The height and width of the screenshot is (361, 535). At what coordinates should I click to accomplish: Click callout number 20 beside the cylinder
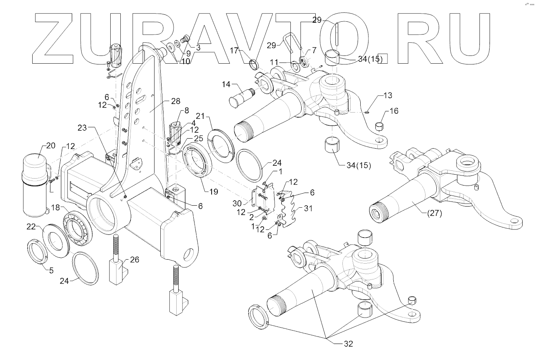click(51, 146)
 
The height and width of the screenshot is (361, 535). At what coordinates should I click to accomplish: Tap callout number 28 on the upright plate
click(175, 101)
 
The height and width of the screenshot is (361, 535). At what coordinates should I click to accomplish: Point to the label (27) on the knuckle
click(434, 213)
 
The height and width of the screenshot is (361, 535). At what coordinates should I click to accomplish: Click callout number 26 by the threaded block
click(134, 260)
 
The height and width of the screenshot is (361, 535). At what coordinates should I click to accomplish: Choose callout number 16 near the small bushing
click(394, 111)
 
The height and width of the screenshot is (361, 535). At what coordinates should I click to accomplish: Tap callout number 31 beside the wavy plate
click(308, 208)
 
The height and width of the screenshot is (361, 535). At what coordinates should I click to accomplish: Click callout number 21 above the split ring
click(200, 116)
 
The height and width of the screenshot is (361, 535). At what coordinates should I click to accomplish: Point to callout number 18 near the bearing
click(56, 208)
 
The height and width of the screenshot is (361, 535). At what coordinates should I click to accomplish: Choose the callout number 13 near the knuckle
click(388, 95)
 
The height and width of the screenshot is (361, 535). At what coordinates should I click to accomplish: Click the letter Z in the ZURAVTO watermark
click(55, 39)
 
